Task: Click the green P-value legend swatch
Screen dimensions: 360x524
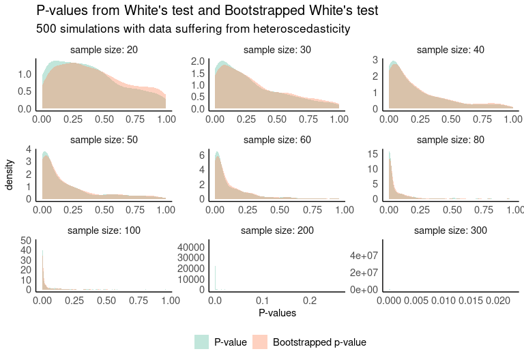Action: pyautogui.click(x=202, y=342)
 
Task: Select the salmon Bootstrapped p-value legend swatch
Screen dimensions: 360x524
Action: pyautogui.click(x=261, y=342)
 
